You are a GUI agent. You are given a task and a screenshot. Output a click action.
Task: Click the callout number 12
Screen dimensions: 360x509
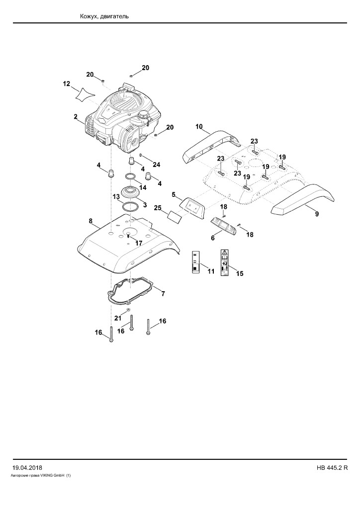(66, 84)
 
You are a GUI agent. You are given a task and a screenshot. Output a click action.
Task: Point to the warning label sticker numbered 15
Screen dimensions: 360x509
(224, 262)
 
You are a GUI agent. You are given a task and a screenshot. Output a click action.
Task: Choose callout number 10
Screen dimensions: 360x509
(199, 126)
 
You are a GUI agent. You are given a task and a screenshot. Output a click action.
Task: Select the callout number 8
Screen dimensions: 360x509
(91, 221)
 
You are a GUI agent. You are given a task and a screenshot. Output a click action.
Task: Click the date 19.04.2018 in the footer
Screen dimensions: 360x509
(27, 468)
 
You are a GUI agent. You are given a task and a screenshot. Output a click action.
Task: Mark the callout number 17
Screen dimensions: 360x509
(139, 243)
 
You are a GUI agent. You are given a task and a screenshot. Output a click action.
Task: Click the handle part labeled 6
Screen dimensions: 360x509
(223, 225)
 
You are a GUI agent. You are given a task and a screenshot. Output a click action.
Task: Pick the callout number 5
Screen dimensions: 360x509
(174, 195)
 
